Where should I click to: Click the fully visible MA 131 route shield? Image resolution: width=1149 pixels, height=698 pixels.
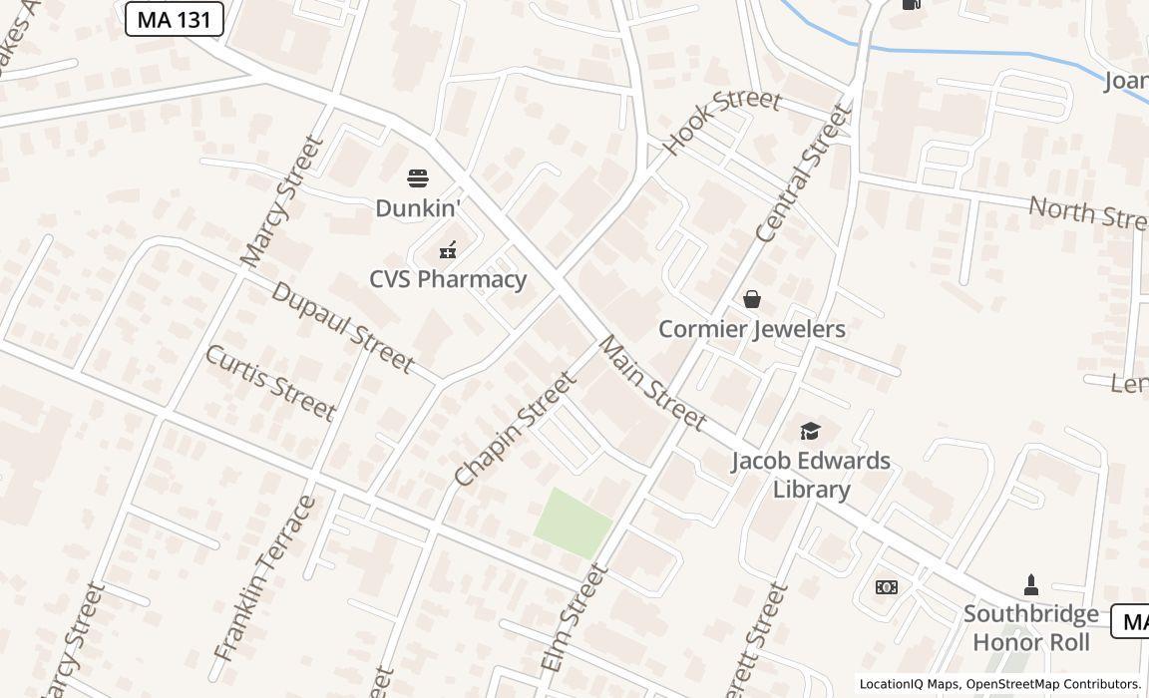pos(174,19)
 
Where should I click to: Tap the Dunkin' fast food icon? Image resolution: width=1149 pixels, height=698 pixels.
pos(418,179)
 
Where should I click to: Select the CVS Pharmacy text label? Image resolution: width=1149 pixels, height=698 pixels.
pos(448,279)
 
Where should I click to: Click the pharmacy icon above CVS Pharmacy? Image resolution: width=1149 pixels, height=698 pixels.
pos(448,250)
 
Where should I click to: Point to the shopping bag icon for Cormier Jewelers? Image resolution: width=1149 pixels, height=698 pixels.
pos(751,299)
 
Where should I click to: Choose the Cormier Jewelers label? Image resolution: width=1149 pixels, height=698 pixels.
pos(751,329)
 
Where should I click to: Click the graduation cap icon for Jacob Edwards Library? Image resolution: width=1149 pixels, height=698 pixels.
pos(810,431)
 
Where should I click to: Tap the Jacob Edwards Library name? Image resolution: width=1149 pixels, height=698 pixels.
pos(811,475)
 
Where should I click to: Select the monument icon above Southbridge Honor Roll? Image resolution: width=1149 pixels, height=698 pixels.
pos(1031,584)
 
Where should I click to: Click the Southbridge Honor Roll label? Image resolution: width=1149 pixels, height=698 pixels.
pos(1031,628)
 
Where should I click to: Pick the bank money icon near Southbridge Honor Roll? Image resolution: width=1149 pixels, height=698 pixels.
pos(886,587)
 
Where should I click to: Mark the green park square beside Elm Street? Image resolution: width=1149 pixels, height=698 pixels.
pos(573,523)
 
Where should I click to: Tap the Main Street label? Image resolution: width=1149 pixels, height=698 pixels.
pos(651,383)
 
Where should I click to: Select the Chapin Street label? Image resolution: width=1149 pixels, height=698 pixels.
pos(515,429)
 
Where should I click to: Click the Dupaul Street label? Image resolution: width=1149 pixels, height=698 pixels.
pos(342,327)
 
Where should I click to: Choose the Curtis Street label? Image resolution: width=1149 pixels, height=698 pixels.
pos(270,383)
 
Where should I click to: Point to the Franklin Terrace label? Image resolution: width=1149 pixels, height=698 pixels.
pos(264,579)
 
